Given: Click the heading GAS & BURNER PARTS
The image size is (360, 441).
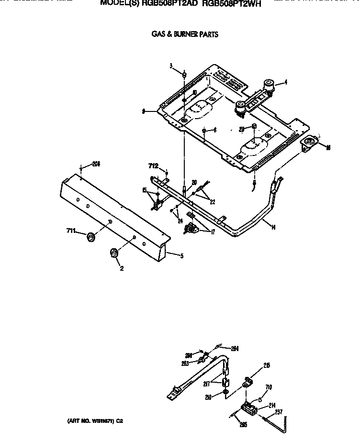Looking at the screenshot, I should coord(184,34).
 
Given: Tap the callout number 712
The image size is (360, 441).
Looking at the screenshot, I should coord(153,166).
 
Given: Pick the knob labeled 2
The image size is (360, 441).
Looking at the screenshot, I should coord(114,254).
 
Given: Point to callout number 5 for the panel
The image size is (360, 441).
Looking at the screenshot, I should coord(181,255).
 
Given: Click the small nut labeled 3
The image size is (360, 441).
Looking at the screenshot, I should coord(184,75).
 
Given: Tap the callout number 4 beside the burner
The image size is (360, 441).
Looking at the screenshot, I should coord(285,83).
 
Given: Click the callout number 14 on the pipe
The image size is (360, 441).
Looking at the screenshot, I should coord(272,227).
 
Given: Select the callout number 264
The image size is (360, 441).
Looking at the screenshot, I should coord(235,348).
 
